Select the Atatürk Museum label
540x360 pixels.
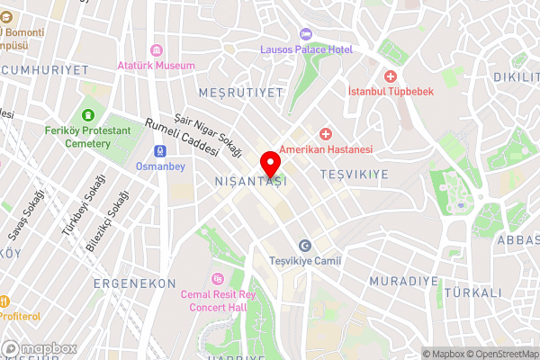156,66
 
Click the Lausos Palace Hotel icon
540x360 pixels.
306,33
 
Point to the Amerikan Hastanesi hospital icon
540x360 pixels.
325,133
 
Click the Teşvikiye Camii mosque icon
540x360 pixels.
304,246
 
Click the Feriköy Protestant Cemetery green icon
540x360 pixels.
88,114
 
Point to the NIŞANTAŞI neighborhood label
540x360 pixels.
250,182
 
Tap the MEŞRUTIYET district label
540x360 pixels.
238,92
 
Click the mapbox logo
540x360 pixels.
39,348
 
